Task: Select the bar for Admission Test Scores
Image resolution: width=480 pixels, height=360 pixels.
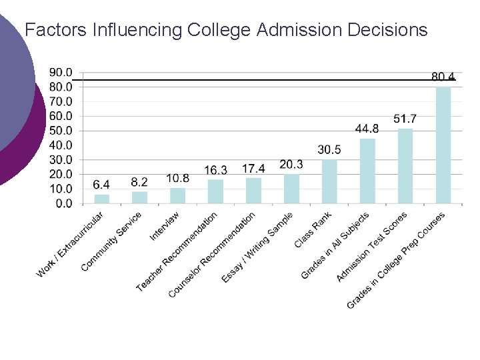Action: coord(405,166)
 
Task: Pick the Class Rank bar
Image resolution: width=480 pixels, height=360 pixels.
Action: coord(329,181)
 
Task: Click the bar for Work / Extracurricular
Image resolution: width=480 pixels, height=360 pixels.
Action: coord(101,199)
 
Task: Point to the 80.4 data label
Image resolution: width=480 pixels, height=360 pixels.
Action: coord(443,77)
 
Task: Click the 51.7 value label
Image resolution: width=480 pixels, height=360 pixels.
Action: coord(405,119)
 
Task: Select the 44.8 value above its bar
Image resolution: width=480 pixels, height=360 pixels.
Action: coord(367,129)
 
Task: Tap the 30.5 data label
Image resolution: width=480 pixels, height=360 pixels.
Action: coord(329,149)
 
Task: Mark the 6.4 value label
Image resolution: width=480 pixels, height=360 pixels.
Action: coord(101,184)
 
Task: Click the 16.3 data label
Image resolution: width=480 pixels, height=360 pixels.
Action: coord(215,170)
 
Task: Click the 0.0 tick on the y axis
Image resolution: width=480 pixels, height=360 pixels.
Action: coord(64,203)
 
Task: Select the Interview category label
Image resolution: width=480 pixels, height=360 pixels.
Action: coord(165,227)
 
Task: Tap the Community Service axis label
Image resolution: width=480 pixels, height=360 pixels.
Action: coord(111,242)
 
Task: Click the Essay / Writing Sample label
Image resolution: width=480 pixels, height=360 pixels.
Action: coord(257,247)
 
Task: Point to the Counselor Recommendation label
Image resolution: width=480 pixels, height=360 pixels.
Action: coord(212,255)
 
